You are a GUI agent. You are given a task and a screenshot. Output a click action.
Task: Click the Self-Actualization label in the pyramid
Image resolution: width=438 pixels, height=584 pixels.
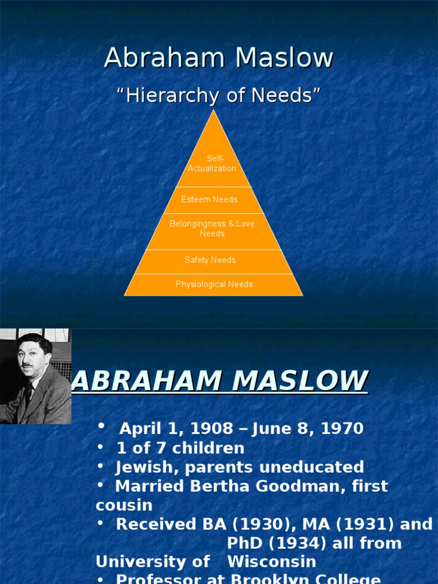212,163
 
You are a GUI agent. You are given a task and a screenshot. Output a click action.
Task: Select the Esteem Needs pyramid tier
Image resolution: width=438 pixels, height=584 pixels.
209,200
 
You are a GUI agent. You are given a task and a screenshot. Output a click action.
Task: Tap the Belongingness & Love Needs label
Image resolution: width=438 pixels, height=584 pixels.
212,229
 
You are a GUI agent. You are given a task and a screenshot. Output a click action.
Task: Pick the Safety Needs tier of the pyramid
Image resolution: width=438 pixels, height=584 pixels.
210,260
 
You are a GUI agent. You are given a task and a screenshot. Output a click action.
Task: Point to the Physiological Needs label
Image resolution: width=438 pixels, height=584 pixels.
214,284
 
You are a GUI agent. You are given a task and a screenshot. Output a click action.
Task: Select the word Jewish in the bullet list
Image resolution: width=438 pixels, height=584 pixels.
139,467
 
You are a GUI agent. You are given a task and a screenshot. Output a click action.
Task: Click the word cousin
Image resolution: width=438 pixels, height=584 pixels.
124,505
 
